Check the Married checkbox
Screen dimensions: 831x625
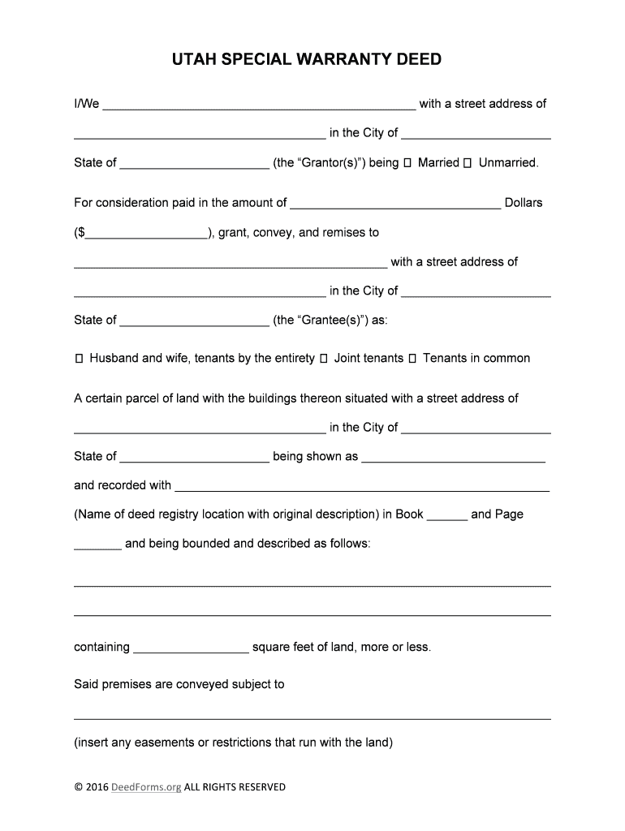pyautogui.click(x=407, y=163)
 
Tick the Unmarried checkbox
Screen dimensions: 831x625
pyautogui.click(x=468, y=163)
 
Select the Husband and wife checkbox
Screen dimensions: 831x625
pyautogui.click(x=79, y=359)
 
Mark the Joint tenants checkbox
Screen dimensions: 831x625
pyautogui.click(x=324, y=359)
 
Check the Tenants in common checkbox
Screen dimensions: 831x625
pyautogui.click(x=412, y=359)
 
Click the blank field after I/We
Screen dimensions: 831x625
pyautogui.click(x=259, y=105)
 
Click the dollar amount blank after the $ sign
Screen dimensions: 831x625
pyautogui.click(x=145, y=234)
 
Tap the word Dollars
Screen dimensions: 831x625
pyautogui.click(x=524, y=203)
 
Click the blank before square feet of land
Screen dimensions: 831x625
pyautogui.click(x=191, y=648)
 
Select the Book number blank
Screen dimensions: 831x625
pyautogui.click(x=446, y=515)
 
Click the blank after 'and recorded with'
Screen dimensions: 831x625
pyautogui.click(x=362, y=487)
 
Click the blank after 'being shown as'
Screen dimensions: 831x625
pyautogui.click(x=453, y=458)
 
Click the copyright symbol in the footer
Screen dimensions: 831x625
pyautogui.click(x=78, y=787)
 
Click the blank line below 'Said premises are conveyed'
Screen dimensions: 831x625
pyautogui.click(x=312, y=714)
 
